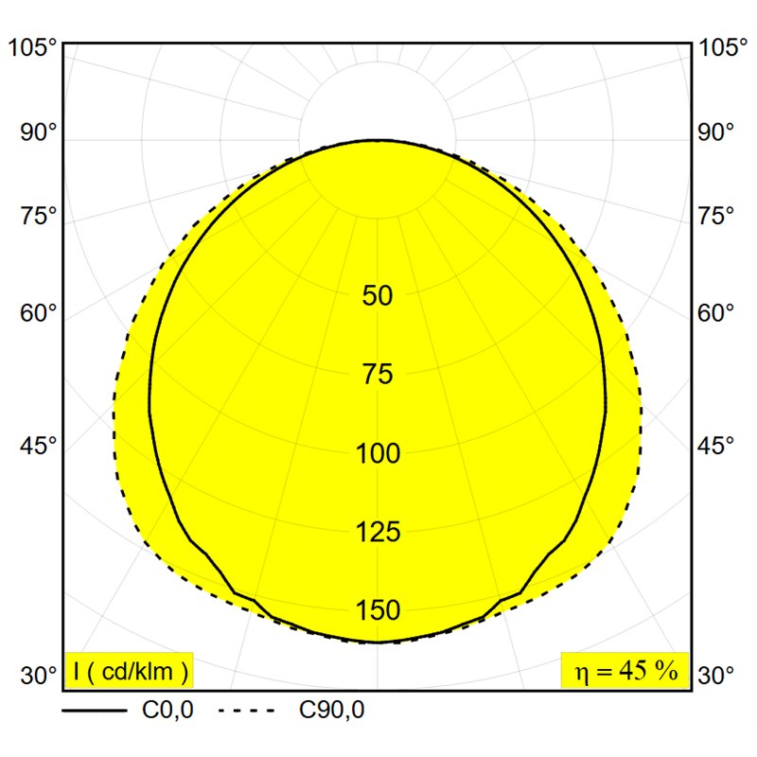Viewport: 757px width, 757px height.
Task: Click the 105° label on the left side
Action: (x=33, y=48)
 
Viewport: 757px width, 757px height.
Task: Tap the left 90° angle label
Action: (x=38, y=132)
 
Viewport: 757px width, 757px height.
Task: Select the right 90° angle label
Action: (x=715, y=132)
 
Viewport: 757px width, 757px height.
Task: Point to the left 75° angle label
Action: (x=38, y=216)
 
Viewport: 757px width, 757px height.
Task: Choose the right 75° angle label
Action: (x=715, y=216)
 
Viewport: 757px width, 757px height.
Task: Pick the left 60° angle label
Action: (x=38, y=313)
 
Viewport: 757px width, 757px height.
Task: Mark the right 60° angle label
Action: (x=715, y=313)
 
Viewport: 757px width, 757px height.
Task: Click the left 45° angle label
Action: (x=38, y=445)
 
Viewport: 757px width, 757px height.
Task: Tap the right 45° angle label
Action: (x=715, y=445)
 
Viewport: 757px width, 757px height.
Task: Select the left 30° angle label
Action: (x=38, y=675)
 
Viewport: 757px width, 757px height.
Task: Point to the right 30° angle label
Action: (x=715, y=675)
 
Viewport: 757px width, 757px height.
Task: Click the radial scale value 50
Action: (x=378, y=295)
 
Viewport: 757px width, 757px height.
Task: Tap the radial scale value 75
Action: (x=378, y=374)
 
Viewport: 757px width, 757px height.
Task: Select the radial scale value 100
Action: (x=378, y=453)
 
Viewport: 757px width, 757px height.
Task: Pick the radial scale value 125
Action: (x=378, y=532)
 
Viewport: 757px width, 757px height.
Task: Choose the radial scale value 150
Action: (x=378, y=610)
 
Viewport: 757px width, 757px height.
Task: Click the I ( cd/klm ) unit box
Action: (x=129, y=670)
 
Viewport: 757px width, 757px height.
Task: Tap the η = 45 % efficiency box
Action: (x=625, y=670)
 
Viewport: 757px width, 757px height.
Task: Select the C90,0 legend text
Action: (x=332, y=711)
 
